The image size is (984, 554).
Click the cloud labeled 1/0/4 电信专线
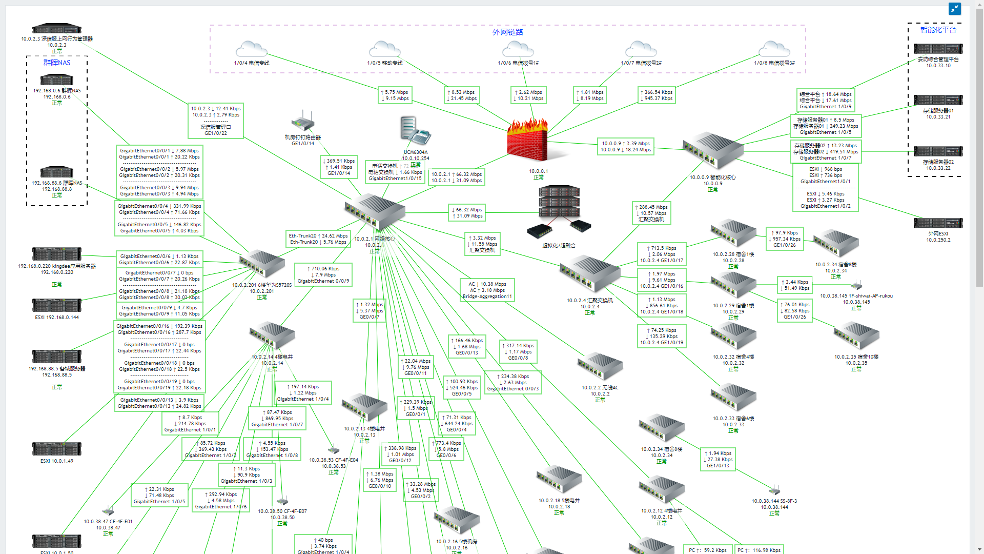[251, 50]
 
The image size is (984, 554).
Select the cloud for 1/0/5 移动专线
[384, 50]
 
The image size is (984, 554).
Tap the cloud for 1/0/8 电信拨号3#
[774, 50]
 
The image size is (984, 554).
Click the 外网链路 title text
[507, 32]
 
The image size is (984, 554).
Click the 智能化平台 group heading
[938, 30]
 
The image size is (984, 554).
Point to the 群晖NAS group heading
[57, 63]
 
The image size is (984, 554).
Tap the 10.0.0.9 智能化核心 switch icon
[712, 150]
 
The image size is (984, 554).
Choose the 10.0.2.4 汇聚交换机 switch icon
[589, 274]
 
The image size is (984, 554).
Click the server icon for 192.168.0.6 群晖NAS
[57, 80]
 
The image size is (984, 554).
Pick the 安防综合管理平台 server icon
[938, 49]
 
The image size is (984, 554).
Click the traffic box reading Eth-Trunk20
[318, 239]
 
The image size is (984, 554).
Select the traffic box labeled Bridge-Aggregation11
[487, 290]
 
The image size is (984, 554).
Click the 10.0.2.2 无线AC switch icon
[600, 366]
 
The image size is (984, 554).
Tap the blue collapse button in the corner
[954, 9]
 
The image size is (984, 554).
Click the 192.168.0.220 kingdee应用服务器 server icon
[57, 253]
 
